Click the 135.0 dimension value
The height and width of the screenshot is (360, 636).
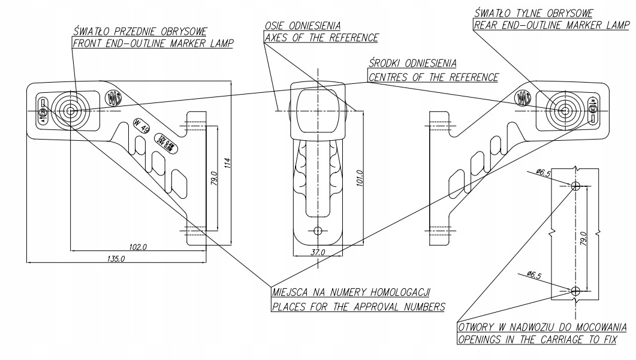(x=115, y=259)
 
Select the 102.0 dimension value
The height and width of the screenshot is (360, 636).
(x=138, y=246)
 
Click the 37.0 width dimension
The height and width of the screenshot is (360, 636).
(x=318, y=252)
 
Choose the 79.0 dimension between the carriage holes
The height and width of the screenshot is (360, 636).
(x=583, y=238)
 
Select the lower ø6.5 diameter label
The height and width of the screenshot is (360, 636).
(x=535, y=275)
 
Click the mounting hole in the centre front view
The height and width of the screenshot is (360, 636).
(x=318, y=230)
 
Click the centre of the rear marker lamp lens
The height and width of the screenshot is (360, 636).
(x=564, y=111)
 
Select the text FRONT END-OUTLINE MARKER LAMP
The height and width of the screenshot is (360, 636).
(x=153, y=43)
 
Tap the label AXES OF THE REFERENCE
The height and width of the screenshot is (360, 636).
(x=321, y=38)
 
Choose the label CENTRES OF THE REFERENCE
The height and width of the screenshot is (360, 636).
(x=433, y=77)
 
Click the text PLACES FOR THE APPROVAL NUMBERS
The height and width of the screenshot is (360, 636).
(x=358, y=307)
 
